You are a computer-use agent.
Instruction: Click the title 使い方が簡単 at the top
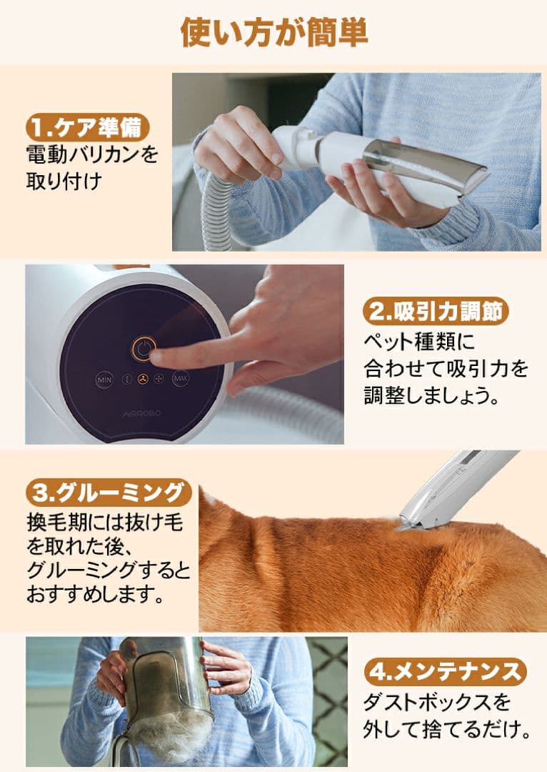274,32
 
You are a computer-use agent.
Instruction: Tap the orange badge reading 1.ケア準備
88,127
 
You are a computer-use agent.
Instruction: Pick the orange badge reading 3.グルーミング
109,493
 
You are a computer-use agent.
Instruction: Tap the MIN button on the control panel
104,380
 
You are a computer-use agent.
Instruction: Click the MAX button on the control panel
180,379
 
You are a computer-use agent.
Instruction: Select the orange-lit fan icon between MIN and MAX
142,380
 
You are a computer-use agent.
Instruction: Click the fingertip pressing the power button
156,355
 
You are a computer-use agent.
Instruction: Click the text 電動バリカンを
91,154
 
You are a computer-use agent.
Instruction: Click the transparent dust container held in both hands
165,683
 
